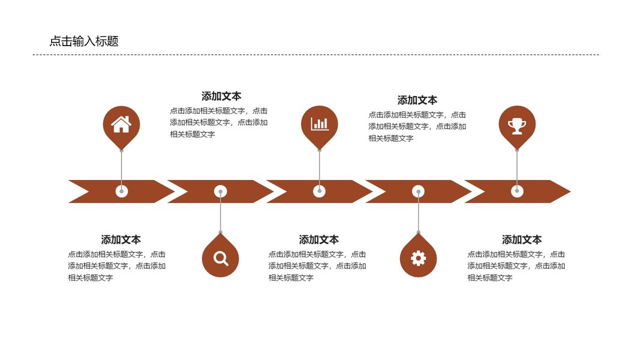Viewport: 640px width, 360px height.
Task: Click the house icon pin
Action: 121,125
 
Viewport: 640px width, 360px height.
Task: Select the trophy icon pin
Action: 516,125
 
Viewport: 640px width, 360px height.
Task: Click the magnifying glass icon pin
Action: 221,258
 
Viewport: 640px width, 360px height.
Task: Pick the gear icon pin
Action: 418,258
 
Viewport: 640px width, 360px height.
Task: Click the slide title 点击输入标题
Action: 84,41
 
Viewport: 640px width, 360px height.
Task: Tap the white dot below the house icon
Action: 122,191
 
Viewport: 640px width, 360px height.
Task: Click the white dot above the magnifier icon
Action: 221,191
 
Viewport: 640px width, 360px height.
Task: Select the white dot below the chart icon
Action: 319,191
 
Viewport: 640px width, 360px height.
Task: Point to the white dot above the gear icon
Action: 418,191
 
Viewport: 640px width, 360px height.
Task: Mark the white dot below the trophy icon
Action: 517,191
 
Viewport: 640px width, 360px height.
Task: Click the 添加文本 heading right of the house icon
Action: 221,96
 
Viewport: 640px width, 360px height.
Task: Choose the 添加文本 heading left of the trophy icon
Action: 417,100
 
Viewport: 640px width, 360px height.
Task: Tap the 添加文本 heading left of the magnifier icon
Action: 121,240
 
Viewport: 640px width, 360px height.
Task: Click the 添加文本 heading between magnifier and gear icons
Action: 319,240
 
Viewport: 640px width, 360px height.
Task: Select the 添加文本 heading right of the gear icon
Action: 521,240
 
